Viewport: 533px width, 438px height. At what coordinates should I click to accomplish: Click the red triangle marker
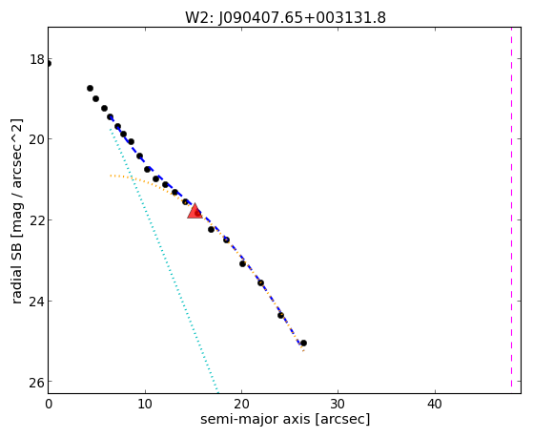click(195, 211)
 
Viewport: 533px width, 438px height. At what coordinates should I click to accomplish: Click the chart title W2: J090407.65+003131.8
click(285, 17)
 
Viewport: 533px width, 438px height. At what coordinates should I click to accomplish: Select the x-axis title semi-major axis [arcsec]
click(285, 419)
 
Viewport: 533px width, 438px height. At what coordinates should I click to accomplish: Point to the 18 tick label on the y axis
click(37, 59)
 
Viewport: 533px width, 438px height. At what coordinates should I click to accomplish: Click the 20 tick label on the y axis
click(37, 139)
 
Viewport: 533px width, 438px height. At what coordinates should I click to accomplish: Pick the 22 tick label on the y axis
click(37, 219)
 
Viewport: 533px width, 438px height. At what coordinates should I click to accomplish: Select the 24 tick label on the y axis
click(37, 302)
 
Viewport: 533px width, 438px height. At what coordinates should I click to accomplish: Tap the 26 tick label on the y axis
click(37, 383)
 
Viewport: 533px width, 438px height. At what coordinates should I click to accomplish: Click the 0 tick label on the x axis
click(49, 404)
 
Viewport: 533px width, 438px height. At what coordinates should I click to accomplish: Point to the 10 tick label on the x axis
click(145, 404)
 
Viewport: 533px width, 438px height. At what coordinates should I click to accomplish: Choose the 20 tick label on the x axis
click(241, 404)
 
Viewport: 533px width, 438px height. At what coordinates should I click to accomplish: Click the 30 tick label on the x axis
click(338, 404)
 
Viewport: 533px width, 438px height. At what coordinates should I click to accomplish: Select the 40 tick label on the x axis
click(435, 404)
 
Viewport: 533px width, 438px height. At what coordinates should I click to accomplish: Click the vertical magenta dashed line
click(511, 210)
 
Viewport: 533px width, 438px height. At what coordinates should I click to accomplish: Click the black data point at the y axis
click(49, 64)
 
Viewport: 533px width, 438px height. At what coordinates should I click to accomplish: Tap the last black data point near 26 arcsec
click(303, 343)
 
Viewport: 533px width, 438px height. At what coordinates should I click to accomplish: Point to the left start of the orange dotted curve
click(111, 176)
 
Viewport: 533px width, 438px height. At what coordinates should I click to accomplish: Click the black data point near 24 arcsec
click(280, 316)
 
